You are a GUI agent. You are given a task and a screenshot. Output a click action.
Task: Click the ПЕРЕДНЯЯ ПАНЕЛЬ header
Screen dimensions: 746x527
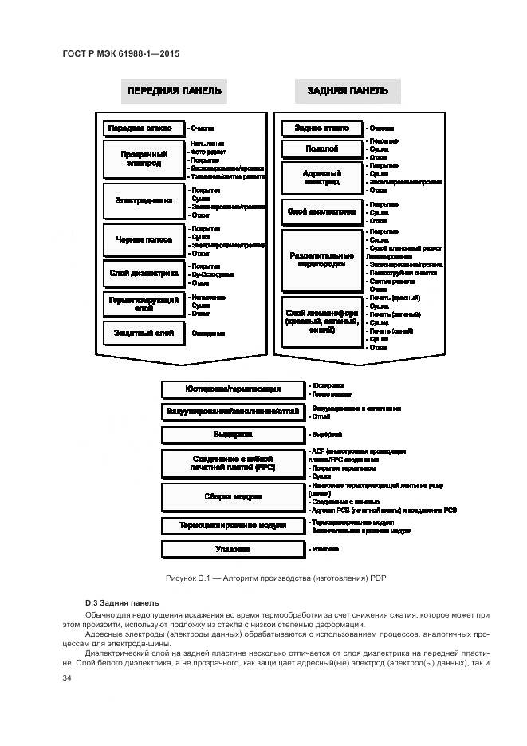click(173, 91)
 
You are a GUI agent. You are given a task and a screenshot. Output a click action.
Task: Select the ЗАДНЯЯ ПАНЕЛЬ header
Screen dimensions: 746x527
click(348, 91)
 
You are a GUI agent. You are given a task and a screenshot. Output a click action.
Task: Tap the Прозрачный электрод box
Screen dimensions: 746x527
click(144, 158)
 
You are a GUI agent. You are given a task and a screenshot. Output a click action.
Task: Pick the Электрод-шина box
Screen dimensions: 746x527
click(144, 200)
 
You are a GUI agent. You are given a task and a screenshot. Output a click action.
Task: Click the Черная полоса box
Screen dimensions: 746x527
click(144, 239)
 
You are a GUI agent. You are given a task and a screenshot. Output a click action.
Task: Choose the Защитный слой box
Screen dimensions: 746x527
click(144, 332)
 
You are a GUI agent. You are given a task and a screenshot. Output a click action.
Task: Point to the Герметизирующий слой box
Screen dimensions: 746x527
click(144, 303)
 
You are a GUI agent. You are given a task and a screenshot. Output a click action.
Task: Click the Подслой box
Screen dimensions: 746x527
click(322, 148)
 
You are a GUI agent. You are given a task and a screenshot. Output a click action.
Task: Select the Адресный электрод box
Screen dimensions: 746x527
click(322, 176)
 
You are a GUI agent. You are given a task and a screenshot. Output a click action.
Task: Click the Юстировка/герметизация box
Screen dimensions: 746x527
click(232, 389)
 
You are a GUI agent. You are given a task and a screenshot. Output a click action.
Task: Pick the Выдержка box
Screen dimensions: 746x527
click(232, 435)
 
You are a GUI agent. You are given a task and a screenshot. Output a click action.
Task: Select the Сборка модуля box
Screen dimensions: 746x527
click(232, 496)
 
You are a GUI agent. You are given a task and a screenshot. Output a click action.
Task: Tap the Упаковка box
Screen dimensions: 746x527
click(232, 549)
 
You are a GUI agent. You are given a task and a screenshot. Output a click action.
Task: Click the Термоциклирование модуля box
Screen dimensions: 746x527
click(232, 526)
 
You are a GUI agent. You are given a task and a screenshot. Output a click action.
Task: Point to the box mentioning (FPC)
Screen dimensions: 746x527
click(232, 463)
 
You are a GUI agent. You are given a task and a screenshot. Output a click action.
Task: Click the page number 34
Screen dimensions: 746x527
click(67, 678)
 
